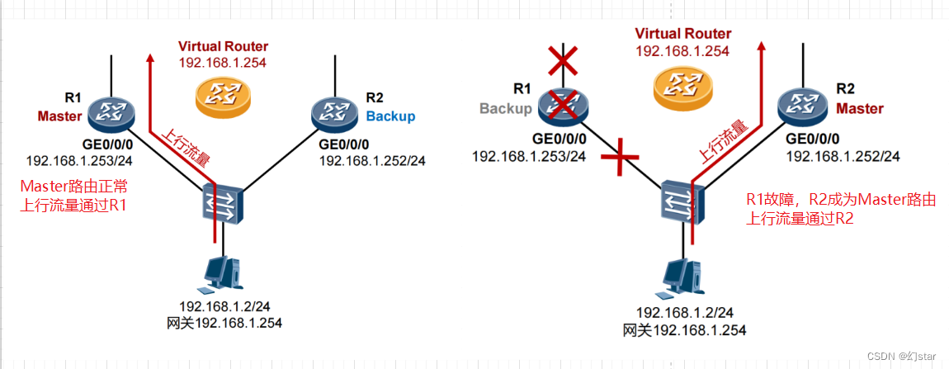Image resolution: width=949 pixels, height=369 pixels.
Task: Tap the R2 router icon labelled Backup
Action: coord(334,112)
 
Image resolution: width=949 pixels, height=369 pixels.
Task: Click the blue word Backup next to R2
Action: coord(390,116)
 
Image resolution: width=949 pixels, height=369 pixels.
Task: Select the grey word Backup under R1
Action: coord(504,108)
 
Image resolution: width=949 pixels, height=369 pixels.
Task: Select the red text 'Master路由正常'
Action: coord(74,187)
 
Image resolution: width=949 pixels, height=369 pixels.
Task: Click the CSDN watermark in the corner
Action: coord(902,356)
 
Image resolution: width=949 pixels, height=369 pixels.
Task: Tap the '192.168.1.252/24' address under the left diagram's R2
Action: coord(372,160)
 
